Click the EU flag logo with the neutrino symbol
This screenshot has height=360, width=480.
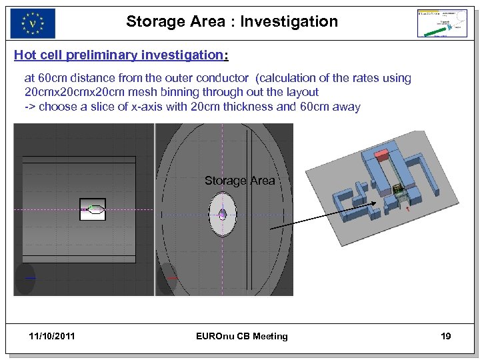pyautogui.click(x=33, y=23)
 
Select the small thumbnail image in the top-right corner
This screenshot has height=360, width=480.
pyautogui.click(x=442, y=23)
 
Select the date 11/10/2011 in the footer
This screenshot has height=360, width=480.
pyautogui.click(x=53, y=336)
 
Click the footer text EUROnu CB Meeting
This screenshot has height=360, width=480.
pyautogui.click(x=242, y=336)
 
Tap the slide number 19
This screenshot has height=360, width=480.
pyautogui.click(x=445, y=336)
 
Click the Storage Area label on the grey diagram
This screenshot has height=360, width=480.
pyautogui.click(x=239, y=181)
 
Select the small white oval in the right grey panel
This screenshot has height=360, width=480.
pyautogui.click(x=222, y=214)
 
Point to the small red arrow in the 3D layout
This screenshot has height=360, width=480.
pyautogui.click(x=407, y=209)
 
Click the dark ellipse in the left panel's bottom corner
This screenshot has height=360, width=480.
pyautogui.click(x=25, y=279)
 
